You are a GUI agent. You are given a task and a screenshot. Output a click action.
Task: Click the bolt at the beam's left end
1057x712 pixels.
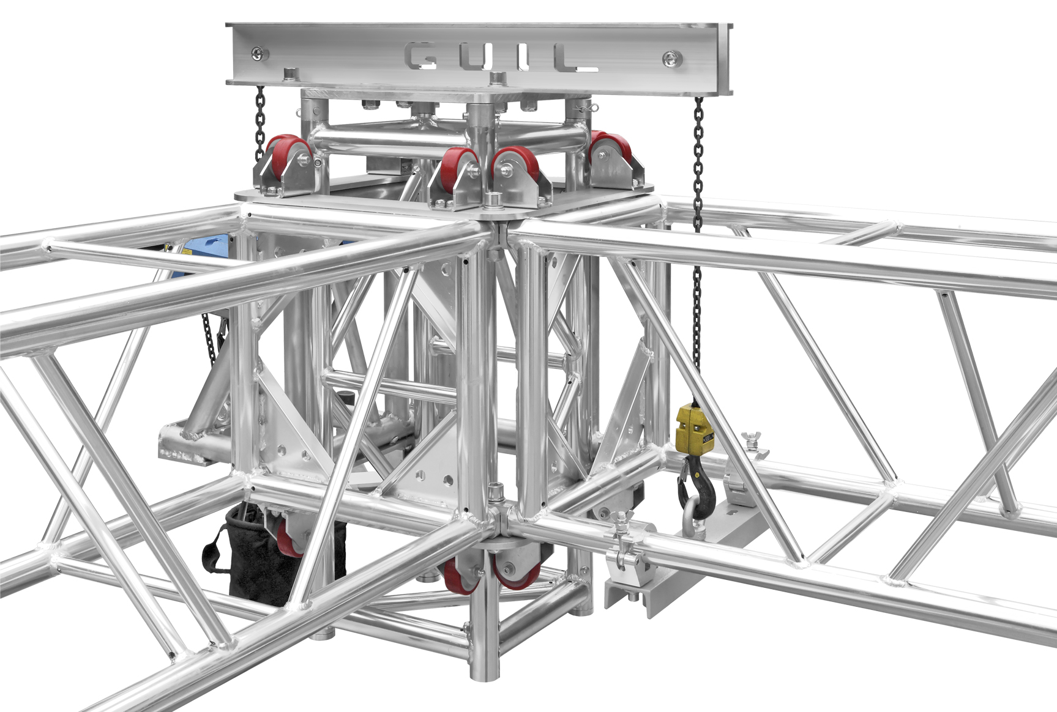pos(259,53)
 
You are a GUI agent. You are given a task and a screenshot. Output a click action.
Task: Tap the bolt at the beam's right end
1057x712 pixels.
pos(672,59)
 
